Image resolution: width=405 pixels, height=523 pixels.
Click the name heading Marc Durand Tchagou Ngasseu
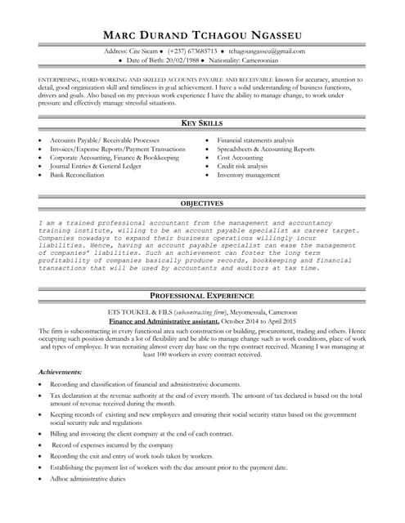coord(202,34)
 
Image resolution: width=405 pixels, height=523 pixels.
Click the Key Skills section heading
coord(202,123)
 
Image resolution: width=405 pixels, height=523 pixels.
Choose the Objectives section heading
coord(202,203)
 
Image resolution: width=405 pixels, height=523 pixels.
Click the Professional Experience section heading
coord(202,296)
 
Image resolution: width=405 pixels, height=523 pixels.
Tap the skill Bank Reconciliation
coord(77,175)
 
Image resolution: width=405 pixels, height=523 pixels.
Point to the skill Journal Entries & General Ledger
coord(95,166)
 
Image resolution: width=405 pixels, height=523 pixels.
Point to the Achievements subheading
coord(60,372)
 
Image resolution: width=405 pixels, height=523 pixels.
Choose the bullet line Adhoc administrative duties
coord(88,478)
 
